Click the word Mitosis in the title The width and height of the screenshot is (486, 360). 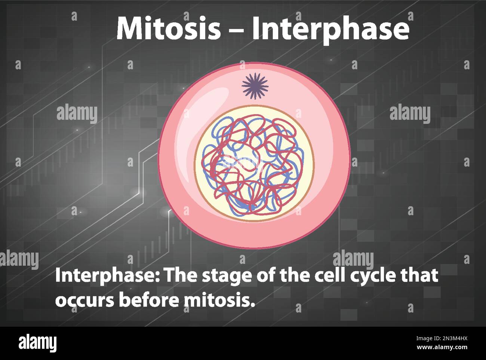(169, 28)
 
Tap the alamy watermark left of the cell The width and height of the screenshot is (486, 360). (77, 114)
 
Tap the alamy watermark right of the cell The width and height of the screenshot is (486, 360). (410, 114)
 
